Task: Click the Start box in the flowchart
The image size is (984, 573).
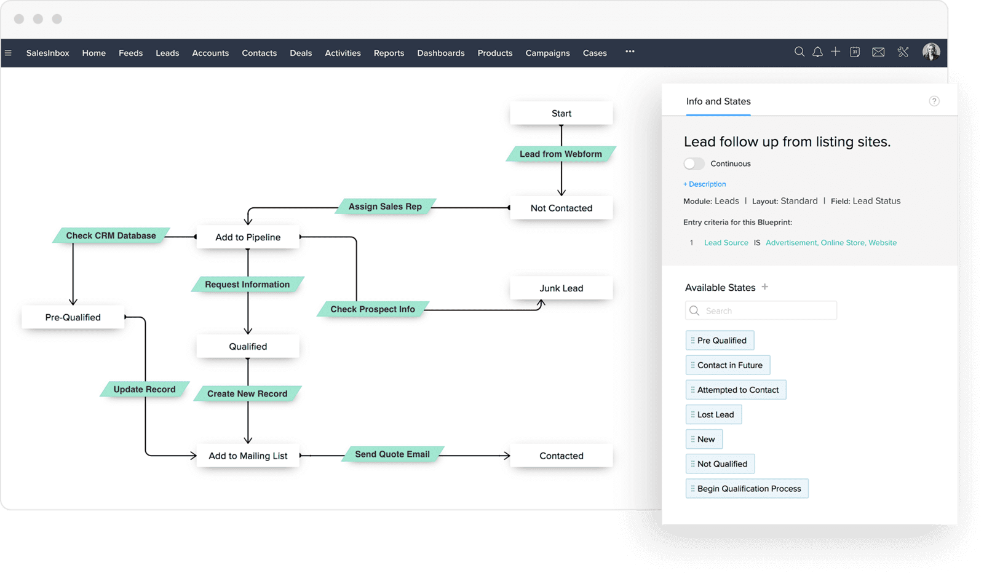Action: [561, 113]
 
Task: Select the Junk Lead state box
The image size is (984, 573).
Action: [561, 288]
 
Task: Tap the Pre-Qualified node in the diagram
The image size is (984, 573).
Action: [73, 317]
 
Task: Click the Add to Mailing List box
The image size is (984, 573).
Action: [248, 456]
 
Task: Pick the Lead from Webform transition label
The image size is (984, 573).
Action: [560, 154]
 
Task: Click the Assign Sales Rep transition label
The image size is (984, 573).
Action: [385, 207]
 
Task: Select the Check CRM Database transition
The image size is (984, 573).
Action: [111, 235]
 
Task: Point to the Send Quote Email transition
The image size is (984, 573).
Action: [392, 454]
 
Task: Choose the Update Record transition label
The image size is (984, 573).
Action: [145, 389]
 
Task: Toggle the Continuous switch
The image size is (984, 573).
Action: [694, 164]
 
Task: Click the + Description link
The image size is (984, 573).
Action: [705, 184]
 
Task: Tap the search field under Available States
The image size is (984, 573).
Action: [761, 310]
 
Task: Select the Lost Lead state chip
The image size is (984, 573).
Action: [713, 414]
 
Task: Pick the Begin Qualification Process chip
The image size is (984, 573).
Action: [747, 488]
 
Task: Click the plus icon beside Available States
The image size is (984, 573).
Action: [765, 286]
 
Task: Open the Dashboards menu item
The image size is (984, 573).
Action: [440, 53]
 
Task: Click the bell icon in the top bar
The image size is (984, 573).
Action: [817, 52]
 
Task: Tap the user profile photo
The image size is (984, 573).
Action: [931, 52]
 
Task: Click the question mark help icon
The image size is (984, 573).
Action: [934, 101]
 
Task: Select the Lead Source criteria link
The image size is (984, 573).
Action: [726, 242]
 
